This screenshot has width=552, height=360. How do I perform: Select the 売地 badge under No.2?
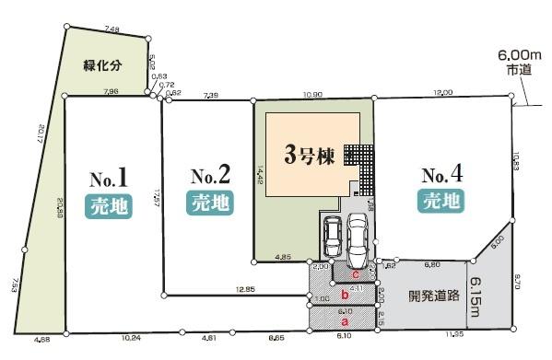[x=209, y=202]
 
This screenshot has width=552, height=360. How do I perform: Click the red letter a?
[x=344, y=322]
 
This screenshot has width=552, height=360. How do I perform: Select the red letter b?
[x=344, y=295]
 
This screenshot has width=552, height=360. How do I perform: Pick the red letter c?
[x=355, y=273]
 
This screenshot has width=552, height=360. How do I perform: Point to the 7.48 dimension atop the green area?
[x=112, y=30]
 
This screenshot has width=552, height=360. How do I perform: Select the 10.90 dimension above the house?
[x=311, y=94]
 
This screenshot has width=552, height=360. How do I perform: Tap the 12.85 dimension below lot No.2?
[x=245, y=290]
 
